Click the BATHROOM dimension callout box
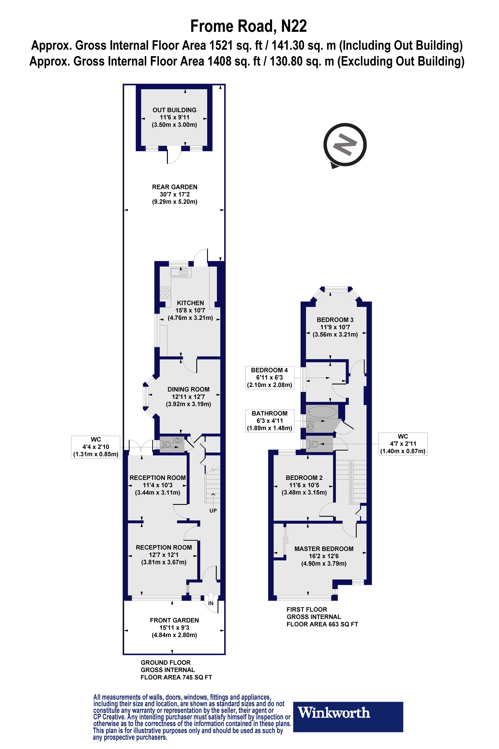[x=270, y=421]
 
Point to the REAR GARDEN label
[x=174, y=187]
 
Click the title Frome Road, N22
[x=248, y=26]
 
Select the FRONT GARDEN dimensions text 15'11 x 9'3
[x=174, y=628]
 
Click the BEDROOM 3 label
[x=335, y=320]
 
